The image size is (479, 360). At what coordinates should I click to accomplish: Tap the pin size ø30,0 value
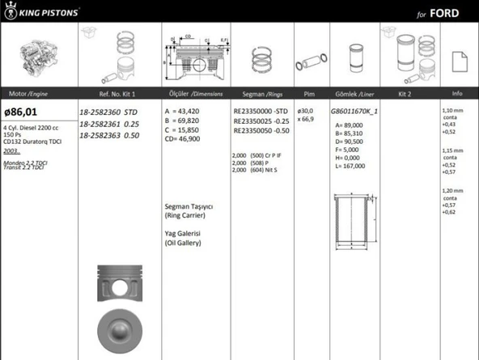(x=306, y=111)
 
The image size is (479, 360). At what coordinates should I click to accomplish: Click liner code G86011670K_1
(x=355, y=111)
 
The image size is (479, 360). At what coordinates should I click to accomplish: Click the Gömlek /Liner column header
(x=354, y=94)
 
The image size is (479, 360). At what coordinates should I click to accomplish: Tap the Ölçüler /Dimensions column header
(x=193, y=94)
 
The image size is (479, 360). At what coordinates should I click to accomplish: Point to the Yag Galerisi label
(x=183, y=233)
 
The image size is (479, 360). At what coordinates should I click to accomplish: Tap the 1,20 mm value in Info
(x=452, y=190)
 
